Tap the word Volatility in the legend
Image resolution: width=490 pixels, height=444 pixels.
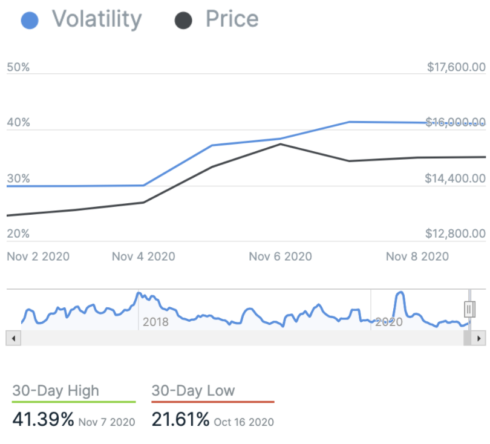(97, 19)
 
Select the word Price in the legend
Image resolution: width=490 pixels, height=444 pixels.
(232, 19)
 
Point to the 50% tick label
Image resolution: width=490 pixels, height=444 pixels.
(18, 67)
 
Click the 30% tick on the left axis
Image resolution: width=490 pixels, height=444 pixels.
(18, 178)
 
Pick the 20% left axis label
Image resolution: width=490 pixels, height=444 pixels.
(18, 233)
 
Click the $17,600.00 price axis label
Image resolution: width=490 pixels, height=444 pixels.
(456, 67)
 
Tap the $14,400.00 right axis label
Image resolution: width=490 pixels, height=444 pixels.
(456, 178)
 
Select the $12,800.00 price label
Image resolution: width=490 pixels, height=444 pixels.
(456, 233)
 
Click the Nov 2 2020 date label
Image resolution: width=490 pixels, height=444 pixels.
(38, 256)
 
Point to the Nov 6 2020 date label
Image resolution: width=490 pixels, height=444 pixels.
(281, 256)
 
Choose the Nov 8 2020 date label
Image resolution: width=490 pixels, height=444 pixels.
(417, 256)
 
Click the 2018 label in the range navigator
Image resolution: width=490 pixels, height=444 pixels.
(155, 322)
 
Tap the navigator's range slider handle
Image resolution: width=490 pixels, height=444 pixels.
(469, 309)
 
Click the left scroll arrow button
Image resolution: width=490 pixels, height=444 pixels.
(12, 338)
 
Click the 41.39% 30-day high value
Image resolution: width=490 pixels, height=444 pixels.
(42, 419)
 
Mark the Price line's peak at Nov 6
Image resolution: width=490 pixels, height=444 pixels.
(281, 144)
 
